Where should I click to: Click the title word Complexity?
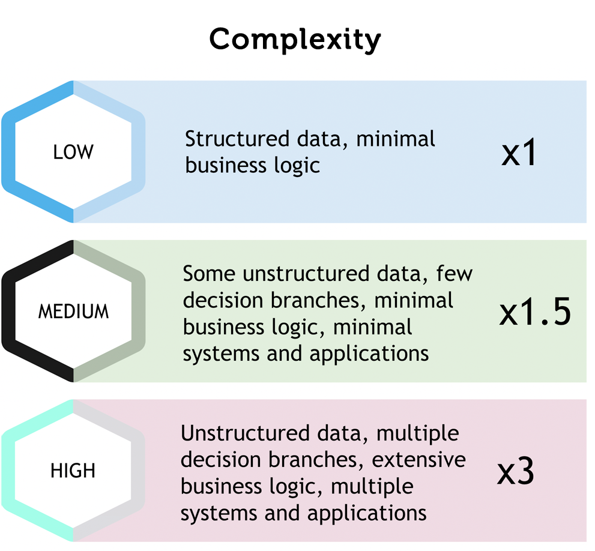point(295,40)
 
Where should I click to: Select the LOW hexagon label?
point(73,152)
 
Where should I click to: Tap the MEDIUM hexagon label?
point(73,312)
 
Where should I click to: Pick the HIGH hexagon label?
point(73,471)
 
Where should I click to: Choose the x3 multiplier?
point(516,472)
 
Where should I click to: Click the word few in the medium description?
point(455,274)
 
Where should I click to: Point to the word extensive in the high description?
point(418,460)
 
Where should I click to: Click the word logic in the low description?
point(296,165)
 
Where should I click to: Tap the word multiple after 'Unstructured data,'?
point(415,433)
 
